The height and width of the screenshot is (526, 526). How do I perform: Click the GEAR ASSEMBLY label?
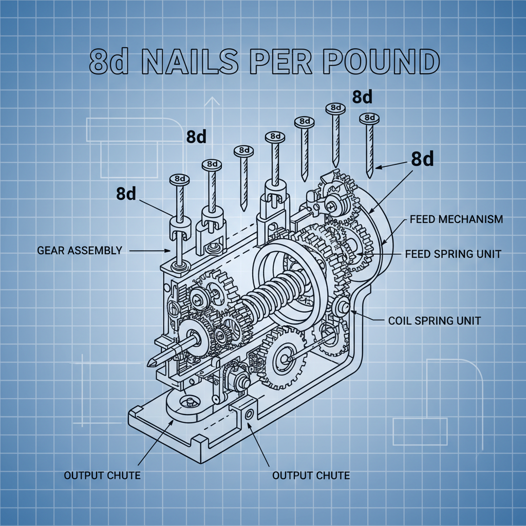[x=80, y=251]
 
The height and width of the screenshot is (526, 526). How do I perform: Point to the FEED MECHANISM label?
[x=456, y=219]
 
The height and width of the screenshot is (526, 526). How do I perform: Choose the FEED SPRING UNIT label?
[x=453, y=254]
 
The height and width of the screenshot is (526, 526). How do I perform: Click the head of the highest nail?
[x=335, y=108]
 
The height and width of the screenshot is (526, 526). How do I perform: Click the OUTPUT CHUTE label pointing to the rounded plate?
[x=102, y=475]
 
